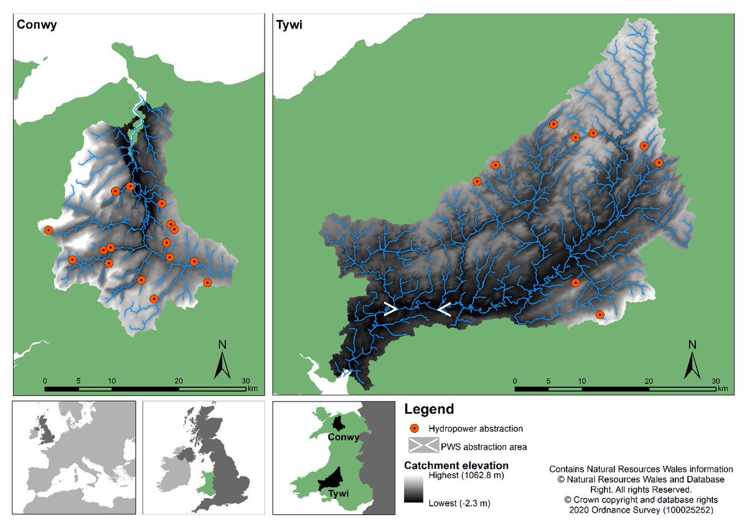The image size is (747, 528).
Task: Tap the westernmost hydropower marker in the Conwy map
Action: (x=49, y=230)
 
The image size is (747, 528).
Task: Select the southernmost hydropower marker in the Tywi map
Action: (x=600, y=315)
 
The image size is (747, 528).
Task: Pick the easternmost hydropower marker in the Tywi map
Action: (x=659, y=163)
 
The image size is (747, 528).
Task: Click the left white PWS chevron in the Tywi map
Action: (x=390, y=309)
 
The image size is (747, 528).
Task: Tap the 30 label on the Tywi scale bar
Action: (x=716, y=380)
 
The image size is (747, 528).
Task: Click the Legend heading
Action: (x=429, y=410)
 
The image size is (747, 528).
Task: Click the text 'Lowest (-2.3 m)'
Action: (x=459, y=502)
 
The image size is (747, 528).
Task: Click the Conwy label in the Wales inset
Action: (x=344, y=437)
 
